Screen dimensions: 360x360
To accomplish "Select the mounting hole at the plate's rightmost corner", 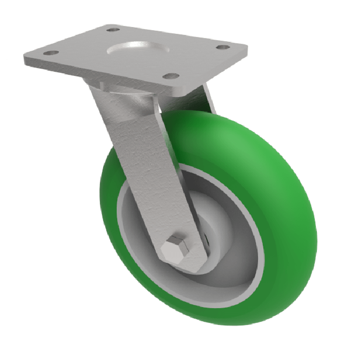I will pos(221,47).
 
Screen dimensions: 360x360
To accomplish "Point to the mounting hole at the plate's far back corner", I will pos(113,30).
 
